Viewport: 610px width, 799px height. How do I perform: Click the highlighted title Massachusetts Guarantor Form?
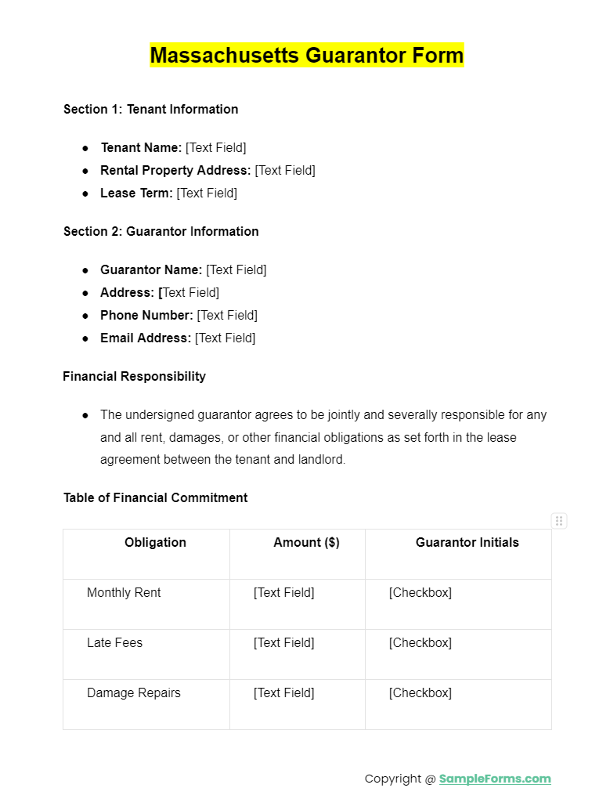pyautogui.click(x=307, y=56)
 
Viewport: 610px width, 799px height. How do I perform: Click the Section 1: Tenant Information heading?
pyautogui.click(x=150, y=110)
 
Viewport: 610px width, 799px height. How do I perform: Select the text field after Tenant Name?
pyautogui.click(x=215, y=148)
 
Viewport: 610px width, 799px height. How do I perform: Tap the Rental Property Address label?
pyautogui.click(x=175, y=171)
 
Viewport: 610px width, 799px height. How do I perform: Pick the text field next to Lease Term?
pyautogui.click(x=207, y=193)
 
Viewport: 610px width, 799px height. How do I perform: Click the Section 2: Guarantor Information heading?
pyautogui.click(x=161, y=232)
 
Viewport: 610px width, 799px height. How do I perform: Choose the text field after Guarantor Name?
pyautogui.click(x=236, y=270)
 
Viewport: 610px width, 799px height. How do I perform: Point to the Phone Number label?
pyautogui.click(x=146, y=316)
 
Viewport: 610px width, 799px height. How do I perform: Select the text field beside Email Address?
pyautogui.click(x=225, y=338)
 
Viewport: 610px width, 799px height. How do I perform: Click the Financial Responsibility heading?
pyautogui.click(x=134, y=377)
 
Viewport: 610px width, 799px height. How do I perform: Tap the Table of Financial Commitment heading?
pyautogui.click(x=155, y=498)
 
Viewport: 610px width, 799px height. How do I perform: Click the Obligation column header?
pyautogui.click(x=155, y=543)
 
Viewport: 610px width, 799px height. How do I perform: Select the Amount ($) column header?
pyautogui.click(x=306, y=543)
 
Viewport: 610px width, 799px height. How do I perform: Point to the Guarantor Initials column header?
pyautogui.click(x=467, y=543)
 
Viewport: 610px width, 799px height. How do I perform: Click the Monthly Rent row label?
pyautogui.click(x=124, y=593)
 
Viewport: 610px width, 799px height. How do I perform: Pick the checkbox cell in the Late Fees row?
pyautogui.click(x=420, y=643)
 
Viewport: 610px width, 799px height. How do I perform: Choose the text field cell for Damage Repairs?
pyautogui.click(x=283, y=693)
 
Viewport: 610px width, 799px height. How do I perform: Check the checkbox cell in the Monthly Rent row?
pyautogui.click(x=420, y=593)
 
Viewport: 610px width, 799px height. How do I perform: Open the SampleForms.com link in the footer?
pyautogui.click(x=494, y=779)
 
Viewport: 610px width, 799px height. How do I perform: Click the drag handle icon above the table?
pyautogui.click(x=559, y=521)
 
